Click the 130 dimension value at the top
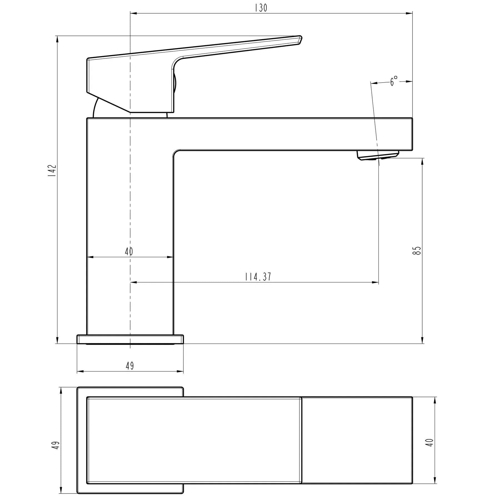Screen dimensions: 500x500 click(x=261, y=8)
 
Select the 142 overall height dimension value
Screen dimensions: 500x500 click(x=52, y=171)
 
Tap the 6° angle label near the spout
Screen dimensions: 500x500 click(x=394, y=81)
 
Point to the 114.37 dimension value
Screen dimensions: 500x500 click(x=258, y=277)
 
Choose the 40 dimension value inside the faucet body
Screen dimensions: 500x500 click(x=129, y=251)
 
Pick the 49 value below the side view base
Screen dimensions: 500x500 click(x=130, y=366)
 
